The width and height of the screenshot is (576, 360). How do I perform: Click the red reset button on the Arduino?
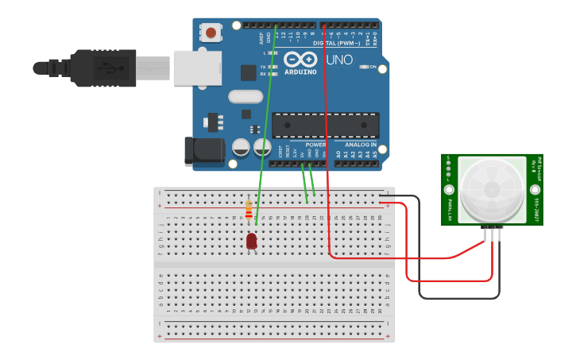tap(211, 33)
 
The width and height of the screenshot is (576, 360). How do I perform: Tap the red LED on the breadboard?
tap(252, 241)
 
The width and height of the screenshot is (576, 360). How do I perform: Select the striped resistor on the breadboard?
tap(249, 209)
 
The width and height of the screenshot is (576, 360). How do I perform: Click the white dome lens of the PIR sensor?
tap(492, 189)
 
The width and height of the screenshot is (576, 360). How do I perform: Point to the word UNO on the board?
tap(340, 60)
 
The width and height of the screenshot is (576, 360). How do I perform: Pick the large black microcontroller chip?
tap(325, 126)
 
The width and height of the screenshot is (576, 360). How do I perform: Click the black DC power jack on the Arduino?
tap(202, 151)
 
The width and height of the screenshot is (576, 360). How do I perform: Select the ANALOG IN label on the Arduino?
tap(360, 145)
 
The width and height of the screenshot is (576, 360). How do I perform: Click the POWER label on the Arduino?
tap(315, 145)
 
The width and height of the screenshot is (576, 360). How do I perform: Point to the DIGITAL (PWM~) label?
tap(336, 43)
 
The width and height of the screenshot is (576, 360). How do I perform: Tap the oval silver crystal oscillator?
tap(245, 97)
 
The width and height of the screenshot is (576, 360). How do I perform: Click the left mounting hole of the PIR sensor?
tap(449, 190)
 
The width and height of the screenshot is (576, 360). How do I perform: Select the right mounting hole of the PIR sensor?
tap(535, 190)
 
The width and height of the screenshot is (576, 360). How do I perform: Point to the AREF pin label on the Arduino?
tap(261, 37)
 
